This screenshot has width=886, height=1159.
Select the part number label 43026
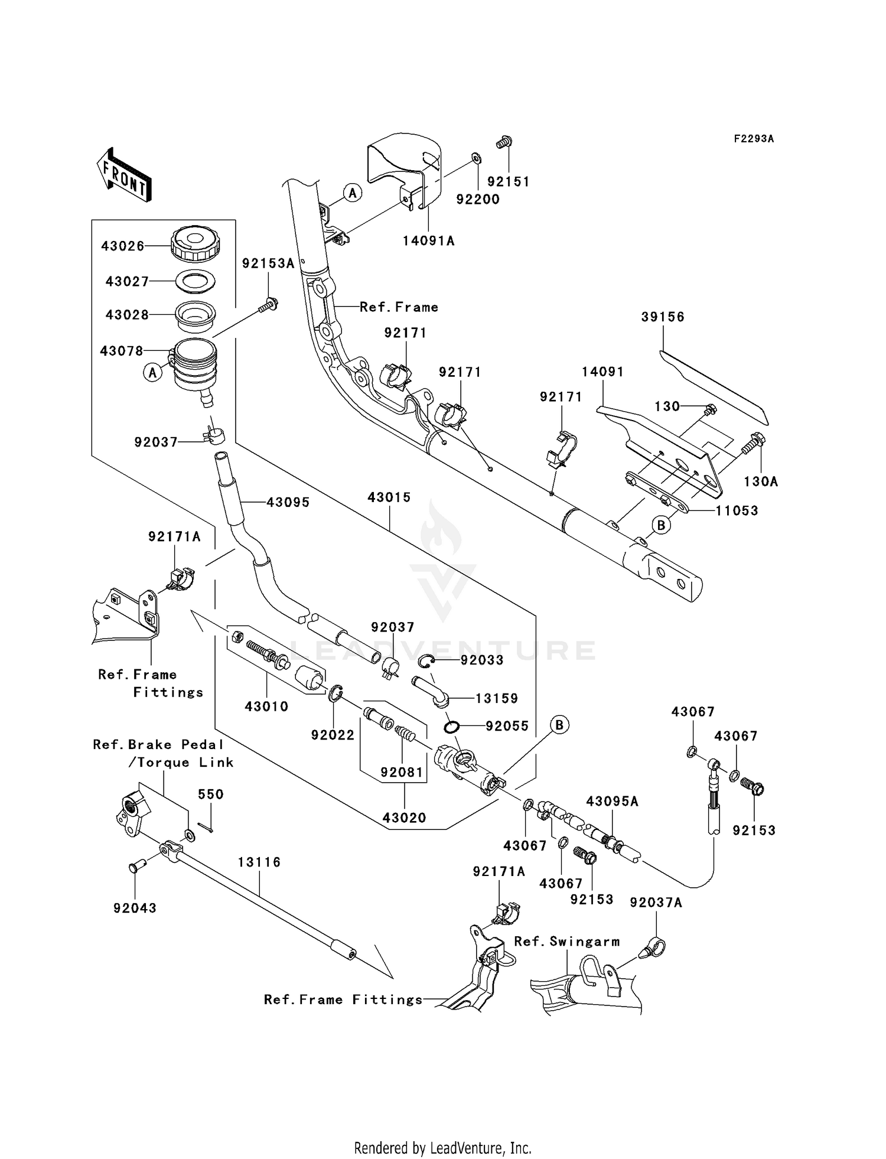click(x=123, y=246)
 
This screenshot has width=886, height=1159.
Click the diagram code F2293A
click(x=754, y=139)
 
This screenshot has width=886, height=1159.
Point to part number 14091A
click(x=429, y=240)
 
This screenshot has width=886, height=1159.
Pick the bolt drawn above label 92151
click(x=504, y=142)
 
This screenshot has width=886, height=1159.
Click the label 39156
click(x=663, y=317)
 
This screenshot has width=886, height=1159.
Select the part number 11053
click(x=737, y=510)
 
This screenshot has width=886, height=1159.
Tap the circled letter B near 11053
click(x=662, y=525)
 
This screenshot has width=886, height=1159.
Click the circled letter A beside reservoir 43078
click(x=152, y=373)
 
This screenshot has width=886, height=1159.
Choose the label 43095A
click(x=612, y=802)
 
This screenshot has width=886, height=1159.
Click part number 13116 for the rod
click(x=259, y=862)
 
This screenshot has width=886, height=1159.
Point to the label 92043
click(x=135, y=908)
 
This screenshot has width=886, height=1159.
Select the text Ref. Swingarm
click(x=566, y=942)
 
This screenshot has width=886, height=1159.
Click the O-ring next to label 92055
click(x=453, y=726)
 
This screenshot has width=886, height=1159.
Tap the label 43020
click(x=404, y=818)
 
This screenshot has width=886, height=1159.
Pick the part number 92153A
click(x=268, y=263)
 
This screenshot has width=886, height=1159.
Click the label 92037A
click(x=656, y=903)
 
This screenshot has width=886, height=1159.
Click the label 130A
click(x=761, y=482)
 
